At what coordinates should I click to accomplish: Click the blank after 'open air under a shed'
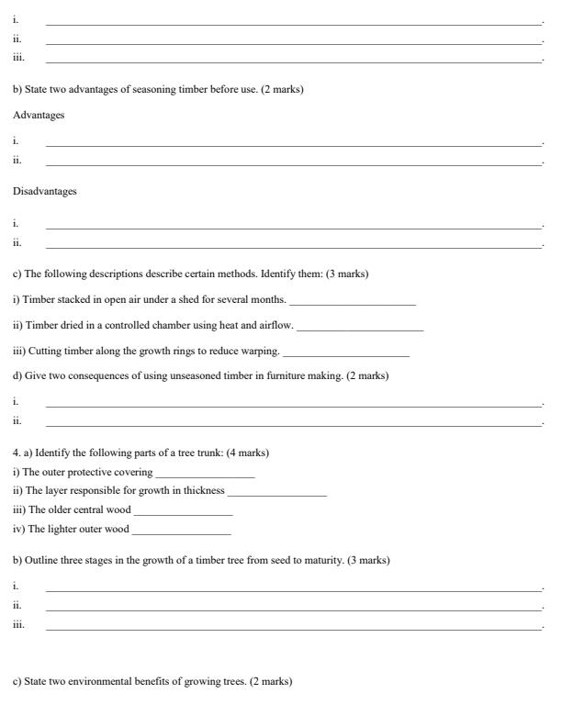coord(353,300)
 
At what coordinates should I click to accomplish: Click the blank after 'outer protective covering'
coord(205,473)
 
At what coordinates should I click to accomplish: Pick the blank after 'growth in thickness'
coord(277,490)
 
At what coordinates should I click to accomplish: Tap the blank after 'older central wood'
coord(183,509)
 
